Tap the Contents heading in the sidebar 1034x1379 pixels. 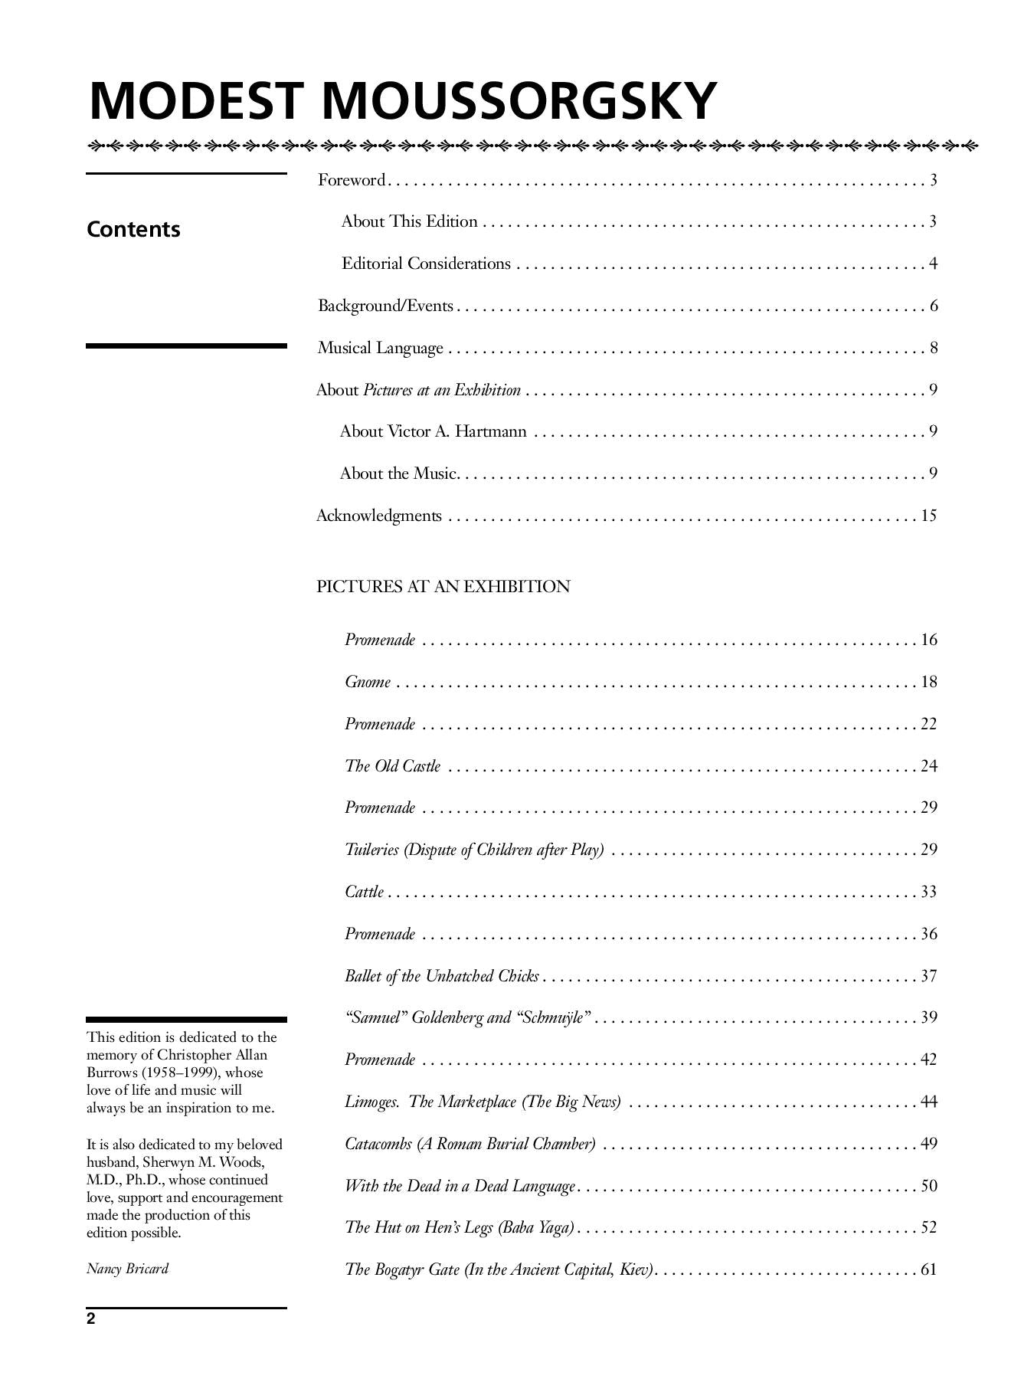click(x=133, y=229)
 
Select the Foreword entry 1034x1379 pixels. click(x=352, y=180)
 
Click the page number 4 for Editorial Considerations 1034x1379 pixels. click(x=933, y=264)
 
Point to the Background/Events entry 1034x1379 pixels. click(x=385, y=306)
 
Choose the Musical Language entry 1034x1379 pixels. click(x=380, y=348)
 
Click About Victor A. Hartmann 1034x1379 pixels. click(x=433, y=431)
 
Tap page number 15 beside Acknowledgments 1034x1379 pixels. click(x=928, y=515)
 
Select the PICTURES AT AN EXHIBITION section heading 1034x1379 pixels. click(x=443, y=587)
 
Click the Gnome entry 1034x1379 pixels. click(x=368, y=682)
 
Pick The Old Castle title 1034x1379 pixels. click(x=392, y=766)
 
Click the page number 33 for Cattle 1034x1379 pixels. click(x=928, y=892)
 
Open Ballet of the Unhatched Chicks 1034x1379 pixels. click(x=441, y=976)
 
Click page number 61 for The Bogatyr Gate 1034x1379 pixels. click(x=928, y=1269)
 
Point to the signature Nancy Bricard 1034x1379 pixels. click(x=127, y=1268)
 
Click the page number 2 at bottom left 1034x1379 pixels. click(x=91, y=1318)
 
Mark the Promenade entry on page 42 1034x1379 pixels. click(x=380, y=1060)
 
